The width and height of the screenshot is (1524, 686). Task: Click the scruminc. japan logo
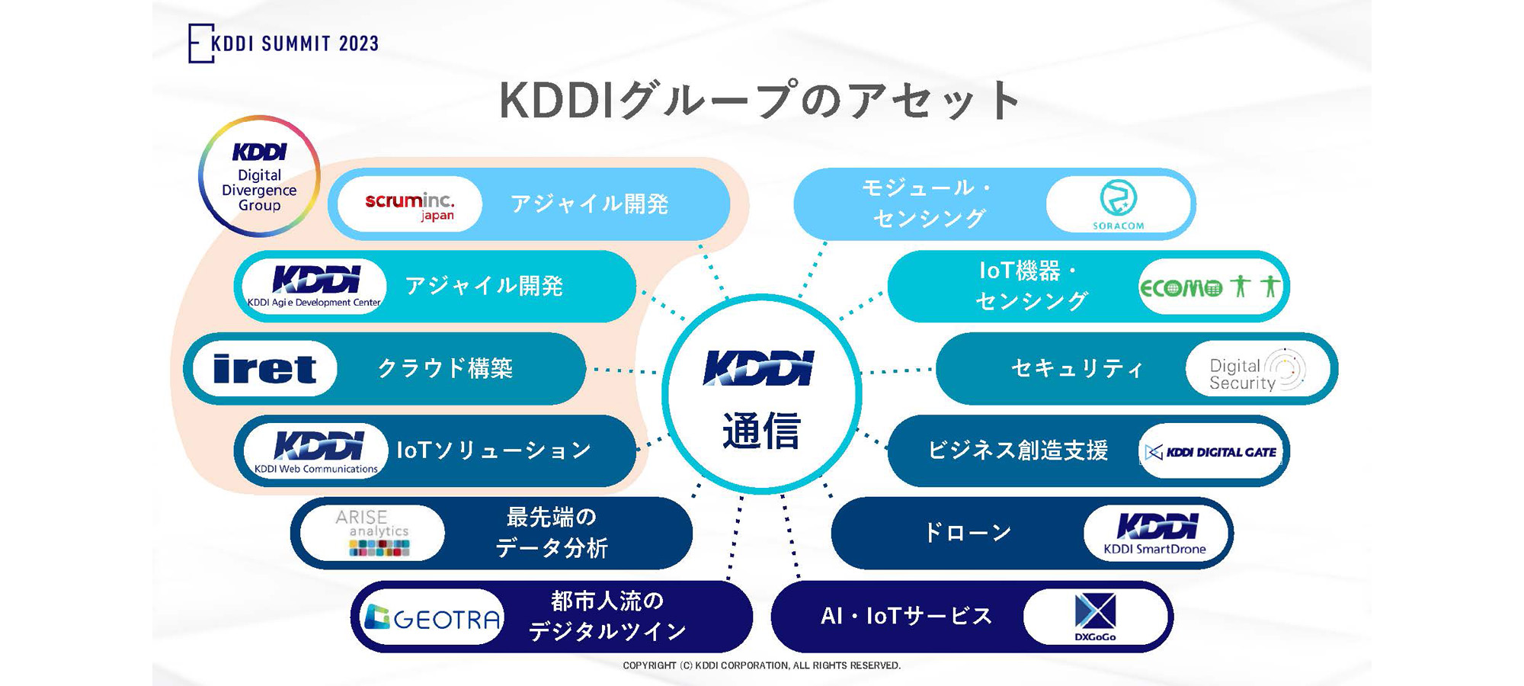coord(410,204)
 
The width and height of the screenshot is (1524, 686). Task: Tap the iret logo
coord(264,369)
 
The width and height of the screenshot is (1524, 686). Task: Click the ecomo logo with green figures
coord(1210,287)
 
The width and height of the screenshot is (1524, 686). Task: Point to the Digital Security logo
coord(1257,370)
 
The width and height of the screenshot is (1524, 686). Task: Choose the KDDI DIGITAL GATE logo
coord(1212,452)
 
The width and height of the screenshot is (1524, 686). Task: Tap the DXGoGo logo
coord(1095,617)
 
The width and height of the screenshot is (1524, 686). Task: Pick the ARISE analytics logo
coord(373,532)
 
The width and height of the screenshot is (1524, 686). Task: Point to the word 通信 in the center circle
coord(761,431)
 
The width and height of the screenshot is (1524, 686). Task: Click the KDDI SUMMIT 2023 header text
coord(293,43)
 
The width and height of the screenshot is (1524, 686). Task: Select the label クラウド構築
coord(445,369)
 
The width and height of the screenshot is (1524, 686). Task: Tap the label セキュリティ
coord(1077,369)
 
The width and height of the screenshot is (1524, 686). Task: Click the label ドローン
coord(968,533)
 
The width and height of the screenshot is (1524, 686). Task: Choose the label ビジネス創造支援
coord(1017,451)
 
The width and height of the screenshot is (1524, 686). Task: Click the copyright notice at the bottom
coord(761,665)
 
